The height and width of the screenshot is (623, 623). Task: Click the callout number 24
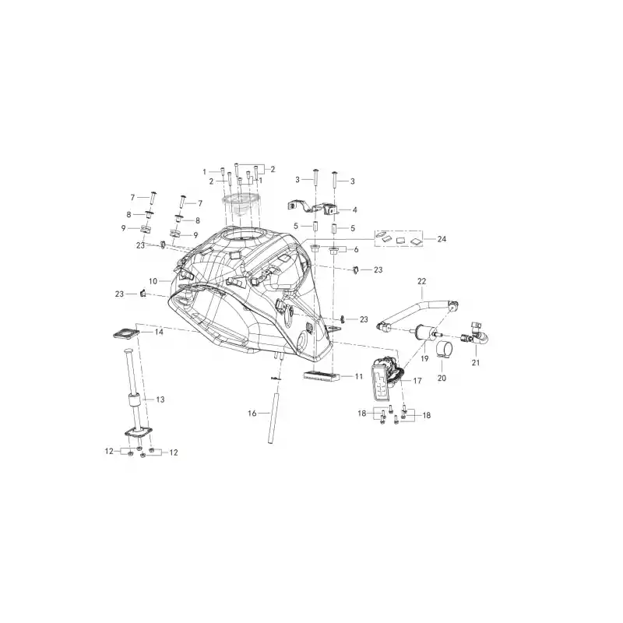click(x=442, y=239)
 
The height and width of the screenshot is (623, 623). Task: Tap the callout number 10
click(x=153, y=281)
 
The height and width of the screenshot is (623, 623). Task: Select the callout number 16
click(x=252, y=414)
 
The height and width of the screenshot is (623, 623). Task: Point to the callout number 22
click(x=421, y=281)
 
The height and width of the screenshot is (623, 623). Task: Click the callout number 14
click(x=159, y=332)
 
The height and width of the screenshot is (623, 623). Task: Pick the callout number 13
click(x=160, y=399)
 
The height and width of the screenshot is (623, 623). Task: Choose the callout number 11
click(x=359, y=376)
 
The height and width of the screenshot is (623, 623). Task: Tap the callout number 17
click(x=417, y=381)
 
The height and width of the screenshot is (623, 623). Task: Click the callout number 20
click(x=442, y=378)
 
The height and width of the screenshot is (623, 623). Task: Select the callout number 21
click(x=476, y=362)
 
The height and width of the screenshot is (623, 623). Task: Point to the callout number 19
click(x=424, y=358)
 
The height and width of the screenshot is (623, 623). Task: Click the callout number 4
click(x=355, y=209)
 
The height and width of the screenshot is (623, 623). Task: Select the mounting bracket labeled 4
click(x=313, y=208)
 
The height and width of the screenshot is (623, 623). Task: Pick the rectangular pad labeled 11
click(x=322, y=375)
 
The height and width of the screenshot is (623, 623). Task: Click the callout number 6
click(x=356, y=250)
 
